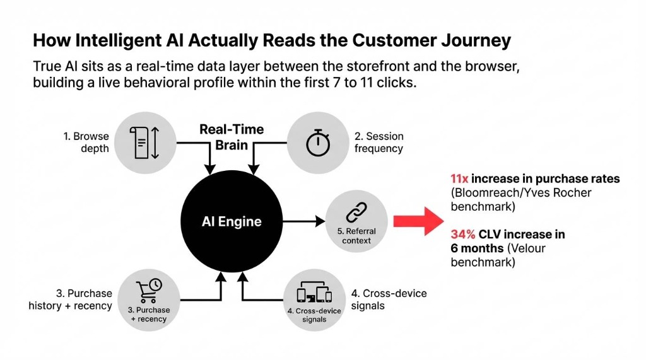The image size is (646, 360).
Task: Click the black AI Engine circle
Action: click(x=231, y=221)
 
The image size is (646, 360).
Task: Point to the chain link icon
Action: click(x=356, y=212)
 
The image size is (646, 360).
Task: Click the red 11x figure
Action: click(x=459, y=179)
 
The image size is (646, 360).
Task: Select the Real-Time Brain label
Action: click(x=232, y=136)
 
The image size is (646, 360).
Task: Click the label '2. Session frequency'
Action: click(x=379, y=142)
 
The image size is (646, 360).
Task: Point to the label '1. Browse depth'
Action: click(x=86, y=142)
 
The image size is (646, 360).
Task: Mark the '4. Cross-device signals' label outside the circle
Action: click(x=389, y=299)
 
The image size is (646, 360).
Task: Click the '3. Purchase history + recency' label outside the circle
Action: click(x=70, y=299)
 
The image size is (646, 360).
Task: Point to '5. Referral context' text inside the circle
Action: click(x=356, y=236)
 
